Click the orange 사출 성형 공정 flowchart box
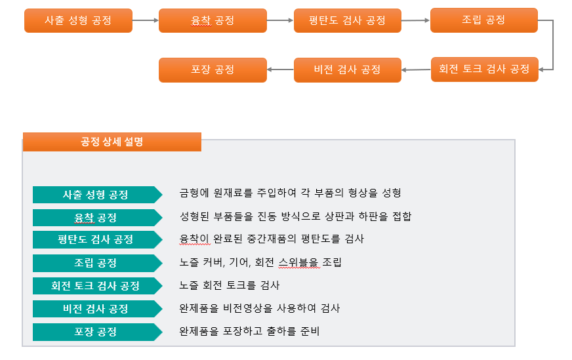pos(78,20)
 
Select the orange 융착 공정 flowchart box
pos(213,20)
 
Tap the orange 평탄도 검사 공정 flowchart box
pos(347,20)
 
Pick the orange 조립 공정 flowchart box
pos(483,20)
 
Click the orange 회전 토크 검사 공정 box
pos(484,70)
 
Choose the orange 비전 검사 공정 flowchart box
pos(347,70)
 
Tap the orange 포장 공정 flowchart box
pos(213,70)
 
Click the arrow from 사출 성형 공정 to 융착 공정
pos(146,20)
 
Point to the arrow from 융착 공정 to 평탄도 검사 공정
pos(280,20)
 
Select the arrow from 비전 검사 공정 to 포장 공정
pos(280,70)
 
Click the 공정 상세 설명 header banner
pos(112,142)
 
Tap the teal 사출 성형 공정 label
pos(96,195)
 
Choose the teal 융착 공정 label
pos(96,218)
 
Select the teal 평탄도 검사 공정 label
pos(96,240)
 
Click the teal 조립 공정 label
pos(96,263)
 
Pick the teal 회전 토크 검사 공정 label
pos(96,286)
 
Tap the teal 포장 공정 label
pos(96,332)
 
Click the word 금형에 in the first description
pos(194,193)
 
